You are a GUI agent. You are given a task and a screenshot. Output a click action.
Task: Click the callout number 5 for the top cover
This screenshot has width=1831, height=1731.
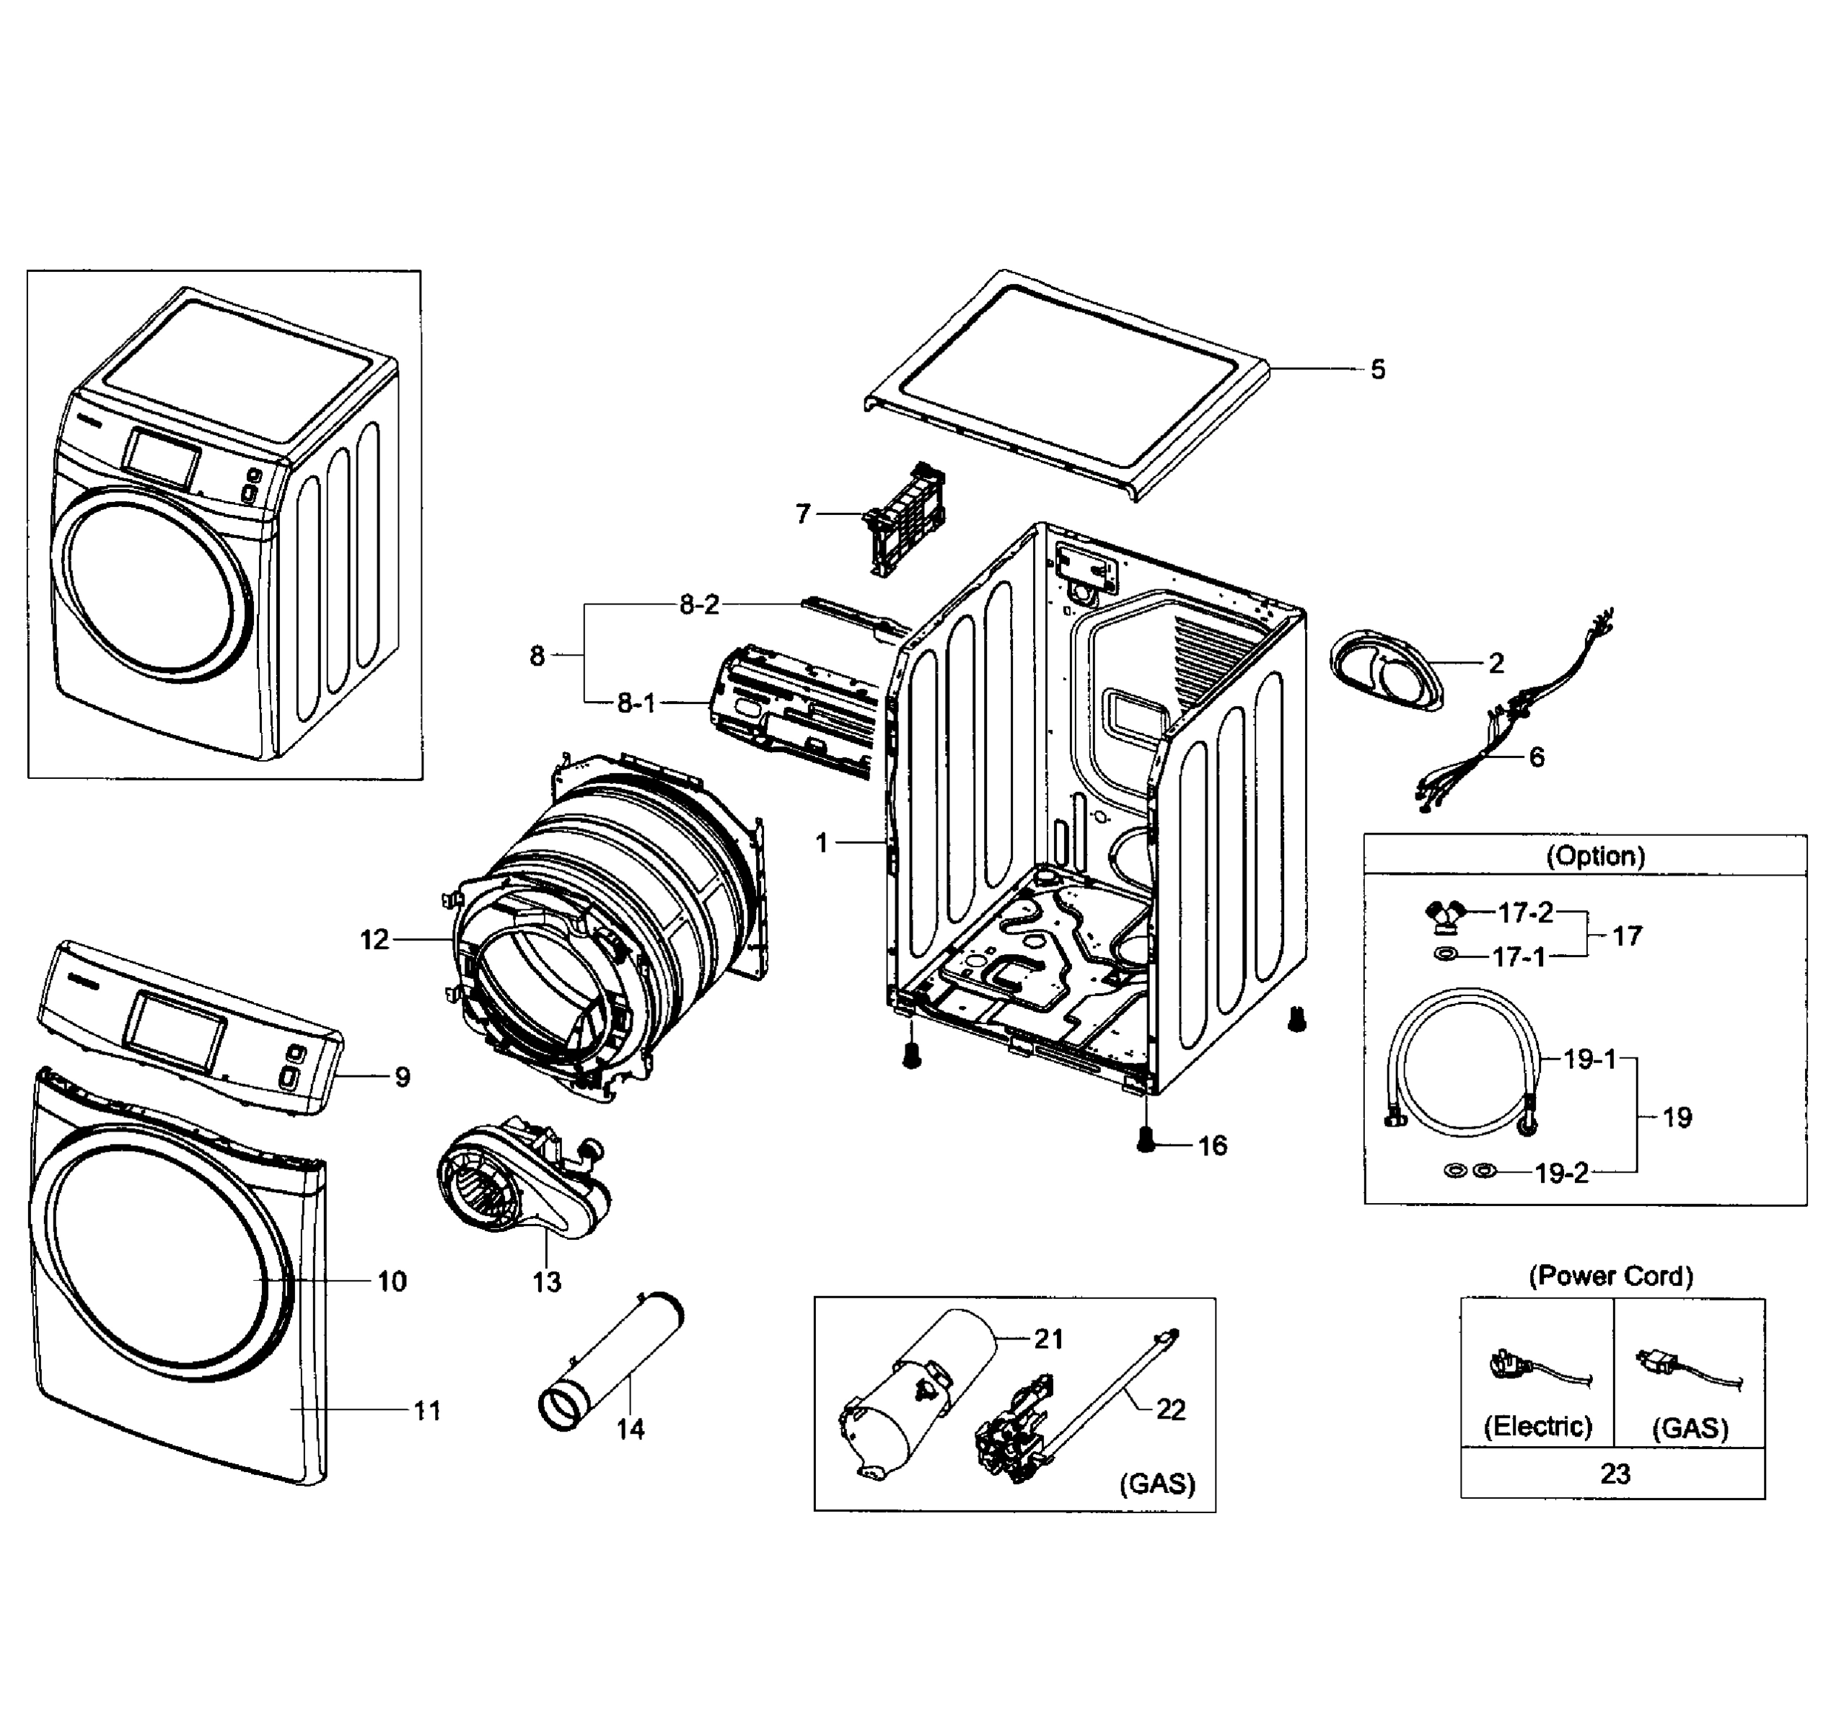tap(1377, 370)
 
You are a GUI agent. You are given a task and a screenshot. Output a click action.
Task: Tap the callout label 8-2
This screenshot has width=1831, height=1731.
tap(698, 604)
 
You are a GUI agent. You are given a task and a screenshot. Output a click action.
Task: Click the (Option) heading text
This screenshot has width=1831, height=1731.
tap(1596, 855)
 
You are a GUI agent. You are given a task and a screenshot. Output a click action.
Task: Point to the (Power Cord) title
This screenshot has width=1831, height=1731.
tap(1610, 1276)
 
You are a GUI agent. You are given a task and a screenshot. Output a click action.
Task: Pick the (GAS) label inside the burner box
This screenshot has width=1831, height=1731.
tap(1156, 1484)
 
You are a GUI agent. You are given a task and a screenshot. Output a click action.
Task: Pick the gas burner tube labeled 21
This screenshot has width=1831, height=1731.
tap(923, 1393)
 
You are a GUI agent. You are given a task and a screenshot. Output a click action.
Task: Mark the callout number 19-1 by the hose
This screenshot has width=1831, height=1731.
tap(1589, 1060)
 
